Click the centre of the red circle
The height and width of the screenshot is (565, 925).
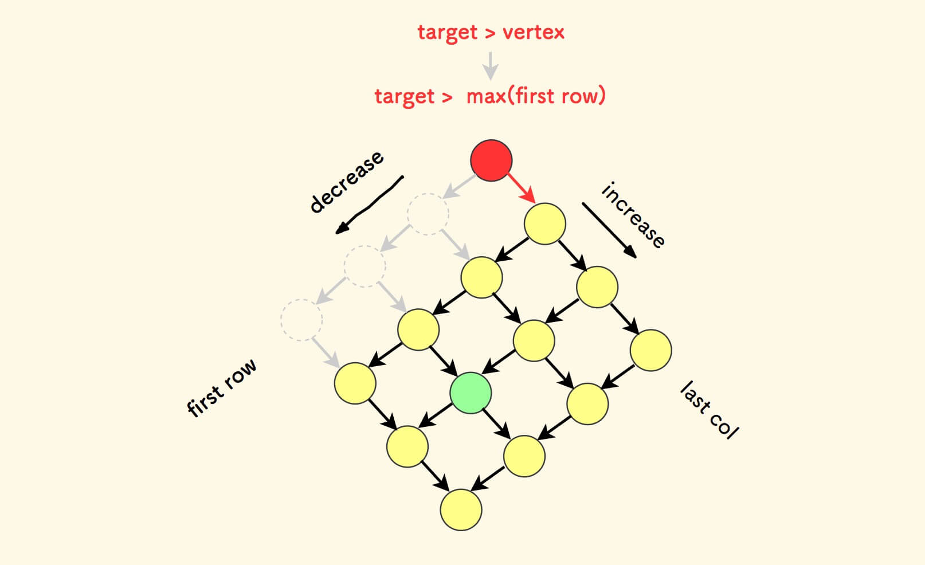(491, 160)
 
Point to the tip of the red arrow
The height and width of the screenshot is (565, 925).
(535, 203)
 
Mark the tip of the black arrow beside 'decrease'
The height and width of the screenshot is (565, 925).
(336, 233)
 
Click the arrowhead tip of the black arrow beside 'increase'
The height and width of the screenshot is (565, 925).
(636, 258)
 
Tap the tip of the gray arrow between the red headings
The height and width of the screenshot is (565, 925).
(491, 79)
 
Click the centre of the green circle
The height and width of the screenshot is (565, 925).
(471, 393)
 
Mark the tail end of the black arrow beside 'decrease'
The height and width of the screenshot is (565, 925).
(403, 176)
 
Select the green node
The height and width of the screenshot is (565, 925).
(471, 393)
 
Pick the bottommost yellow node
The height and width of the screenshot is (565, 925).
(461, 509)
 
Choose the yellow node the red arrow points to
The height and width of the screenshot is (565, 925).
(544, 223)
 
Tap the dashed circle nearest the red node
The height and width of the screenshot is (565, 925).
(428, 214)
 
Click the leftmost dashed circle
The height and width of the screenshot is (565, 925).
(301, 320)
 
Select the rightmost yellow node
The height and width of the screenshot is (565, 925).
(651, 350)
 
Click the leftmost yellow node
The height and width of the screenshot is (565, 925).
(355, 383)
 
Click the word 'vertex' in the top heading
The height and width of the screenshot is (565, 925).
(534, 32)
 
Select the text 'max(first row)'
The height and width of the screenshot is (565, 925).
(536, 96)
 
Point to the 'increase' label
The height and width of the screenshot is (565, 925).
(633, 215)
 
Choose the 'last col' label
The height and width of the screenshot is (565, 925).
(709, 410)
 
